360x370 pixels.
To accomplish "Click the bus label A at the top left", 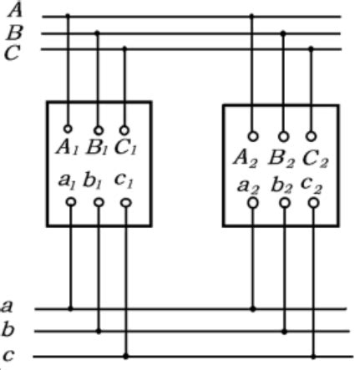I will [14, 9].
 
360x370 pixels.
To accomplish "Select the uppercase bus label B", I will [14, 33].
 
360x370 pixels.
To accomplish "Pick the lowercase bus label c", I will [8, 353].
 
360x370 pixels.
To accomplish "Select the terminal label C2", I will [313, 157].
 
